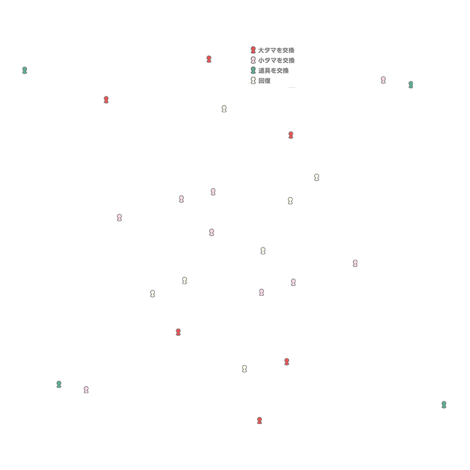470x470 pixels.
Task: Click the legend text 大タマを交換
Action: (x=276, y=50)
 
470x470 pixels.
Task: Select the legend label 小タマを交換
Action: (x=276, y=60)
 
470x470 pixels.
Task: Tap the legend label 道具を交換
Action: (x=273, y=70)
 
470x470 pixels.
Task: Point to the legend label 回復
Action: (x=264, y=81)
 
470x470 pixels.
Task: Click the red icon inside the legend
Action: (x=253, y=50)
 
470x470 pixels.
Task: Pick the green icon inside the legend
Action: (x=253, y=70)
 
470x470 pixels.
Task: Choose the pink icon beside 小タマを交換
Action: (x=253, y=60)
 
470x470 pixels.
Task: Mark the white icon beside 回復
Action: (x=253, y=81)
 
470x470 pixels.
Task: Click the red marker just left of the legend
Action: (x=209, y=59)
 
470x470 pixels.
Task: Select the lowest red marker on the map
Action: (x=260, y=420)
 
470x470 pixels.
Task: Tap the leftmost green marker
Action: (x=25, y=70)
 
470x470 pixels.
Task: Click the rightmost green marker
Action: (x=444, y=405)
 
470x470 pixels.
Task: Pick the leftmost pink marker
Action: (x=86, y=390)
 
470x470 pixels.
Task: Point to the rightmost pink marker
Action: (x=383, y=80)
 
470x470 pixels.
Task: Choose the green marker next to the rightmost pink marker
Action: (x=411, y=85)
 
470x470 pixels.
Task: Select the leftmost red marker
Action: (x=106, y=100)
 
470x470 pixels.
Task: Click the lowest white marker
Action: (x=244, y=369)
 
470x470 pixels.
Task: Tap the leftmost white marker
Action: (x=153, y=294)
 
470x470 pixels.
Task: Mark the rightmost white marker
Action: (x=317, y=177)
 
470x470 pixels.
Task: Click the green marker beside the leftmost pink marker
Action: (x=59, y=384)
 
